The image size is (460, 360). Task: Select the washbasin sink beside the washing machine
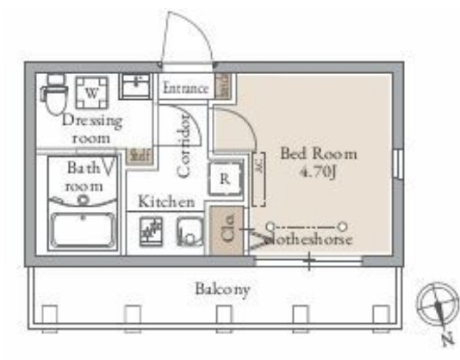[x=134, y=87]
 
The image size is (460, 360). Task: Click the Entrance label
[x=185, y=88]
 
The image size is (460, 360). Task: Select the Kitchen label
[x=166, y=202]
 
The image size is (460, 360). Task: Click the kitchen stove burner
[x=152, y=232]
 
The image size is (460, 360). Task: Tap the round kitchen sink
[x=188, y=232]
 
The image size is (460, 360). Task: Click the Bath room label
[x=84, y=177]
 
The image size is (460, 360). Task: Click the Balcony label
[x=221, y=289]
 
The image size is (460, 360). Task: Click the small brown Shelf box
[x=138, y=155]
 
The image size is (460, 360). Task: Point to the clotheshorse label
[x=308, y=239]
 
